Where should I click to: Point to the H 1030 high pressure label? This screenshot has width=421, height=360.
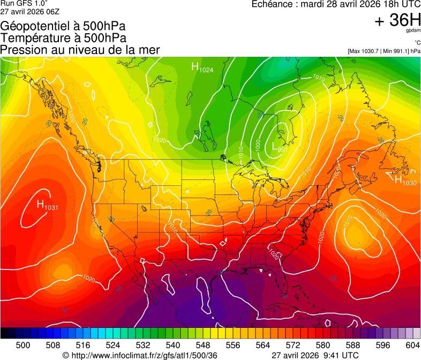[x=405, y=181]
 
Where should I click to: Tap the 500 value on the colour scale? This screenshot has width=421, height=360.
[x=23, y=345]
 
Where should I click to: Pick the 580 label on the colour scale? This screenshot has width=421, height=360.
[x=322, y=345]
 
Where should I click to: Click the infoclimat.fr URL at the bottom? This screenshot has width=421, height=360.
[x=140, y=355]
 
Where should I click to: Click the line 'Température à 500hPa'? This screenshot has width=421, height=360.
[x=63, y=37]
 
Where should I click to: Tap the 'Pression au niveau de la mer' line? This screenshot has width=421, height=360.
[x=80, y=49]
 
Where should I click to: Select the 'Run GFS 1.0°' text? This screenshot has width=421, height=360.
[x=25, y=3]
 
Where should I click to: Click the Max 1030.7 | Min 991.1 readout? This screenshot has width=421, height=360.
[x=384, y=51]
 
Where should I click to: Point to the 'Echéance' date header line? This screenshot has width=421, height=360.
[x=336, y=4]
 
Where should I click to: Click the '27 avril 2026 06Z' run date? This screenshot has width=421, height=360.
[x=30, y=11]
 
